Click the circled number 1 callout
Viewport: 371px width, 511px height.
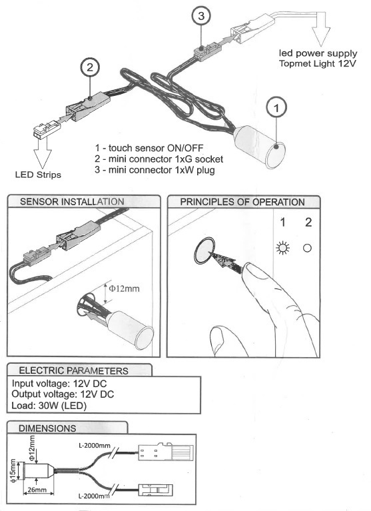[276, 108]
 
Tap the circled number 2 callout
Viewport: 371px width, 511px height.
[90, 67]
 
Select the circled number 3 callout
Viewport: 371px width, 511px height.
[201, 15]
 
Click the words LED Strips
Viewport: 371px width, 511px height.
[38, 175]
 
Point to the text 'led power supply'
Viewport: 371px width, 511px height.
[318, 53]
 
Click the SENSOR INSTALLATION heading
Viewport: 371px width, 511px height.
[72, 202]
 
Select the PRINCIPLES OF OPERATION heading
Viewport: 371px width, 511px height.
[242, 202]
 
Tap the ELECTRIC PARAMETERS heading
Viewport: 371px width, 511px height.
[74, 370]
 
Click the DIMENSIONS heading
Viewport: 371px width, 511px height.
[47, 428]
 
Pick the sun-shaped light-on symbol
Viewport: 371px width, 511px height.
[282, 248]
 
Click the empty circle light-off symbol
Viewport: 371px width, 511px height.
[307, 248]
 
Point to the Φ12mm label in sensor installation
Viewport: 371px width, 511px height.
[124, 288]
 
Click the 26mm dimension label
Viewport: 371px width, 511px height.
[37, 490]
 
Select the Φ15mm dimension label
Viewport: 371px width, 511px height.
[13, 471]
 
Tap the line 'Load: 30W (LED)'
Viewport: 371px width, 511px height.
[49, 406]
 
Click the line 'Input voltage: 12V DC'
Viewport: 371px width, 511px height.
[59, 384]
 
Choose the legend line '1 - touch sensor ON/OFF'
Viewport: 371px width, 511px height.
[149, 148]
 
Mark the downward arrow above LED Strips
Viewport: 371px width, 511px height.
[43, 153]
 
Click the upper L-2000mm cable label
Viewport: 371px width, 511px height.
[95, 445]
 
